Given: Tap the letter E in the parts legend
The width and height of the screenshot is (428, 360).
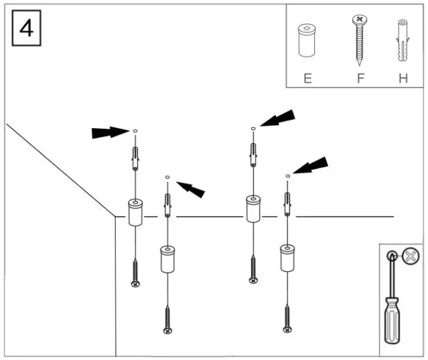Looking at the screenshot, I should pyautogui.click(x=308, y=79).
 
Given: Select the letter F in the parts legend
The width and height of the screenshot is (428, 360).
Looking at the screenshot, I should pyautogui.click(x=360, y=79).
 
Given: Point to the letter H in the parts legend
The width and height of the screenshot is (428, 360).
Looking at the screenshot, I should pyautogui.click(x=402, y=79).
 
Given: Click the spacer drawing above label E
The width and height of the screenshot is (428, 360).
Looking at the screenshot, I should pyautogui.click(x=308, y=41).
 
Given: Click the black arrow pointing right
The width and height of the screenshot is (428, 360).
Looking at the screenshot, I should pyautogui.click(x=110, y=132).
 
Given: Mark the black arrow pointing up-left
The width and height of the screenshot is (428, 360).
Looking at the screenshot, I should pyautogui.click(x=191, y=188).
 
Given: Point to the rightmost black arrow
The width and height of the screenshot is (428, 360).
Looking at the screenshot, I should pyautogui.click(x=310, y=166).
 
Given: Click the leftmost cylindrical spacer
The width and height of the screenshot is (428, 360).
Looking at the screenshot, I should pyautogui.click(x=135, y=213).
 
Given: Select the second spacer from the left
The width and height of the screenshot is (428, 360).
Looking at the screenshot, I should pyautogui.click(x=167, y=259).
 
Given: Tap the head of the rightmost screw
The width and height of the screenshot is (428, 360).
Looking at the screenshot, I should pyautogui.click(x=287, y=329).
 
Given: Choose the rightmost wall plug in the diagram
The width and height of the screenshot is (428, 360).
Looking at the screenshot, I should pyautogui.click(x=287, y=205).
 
